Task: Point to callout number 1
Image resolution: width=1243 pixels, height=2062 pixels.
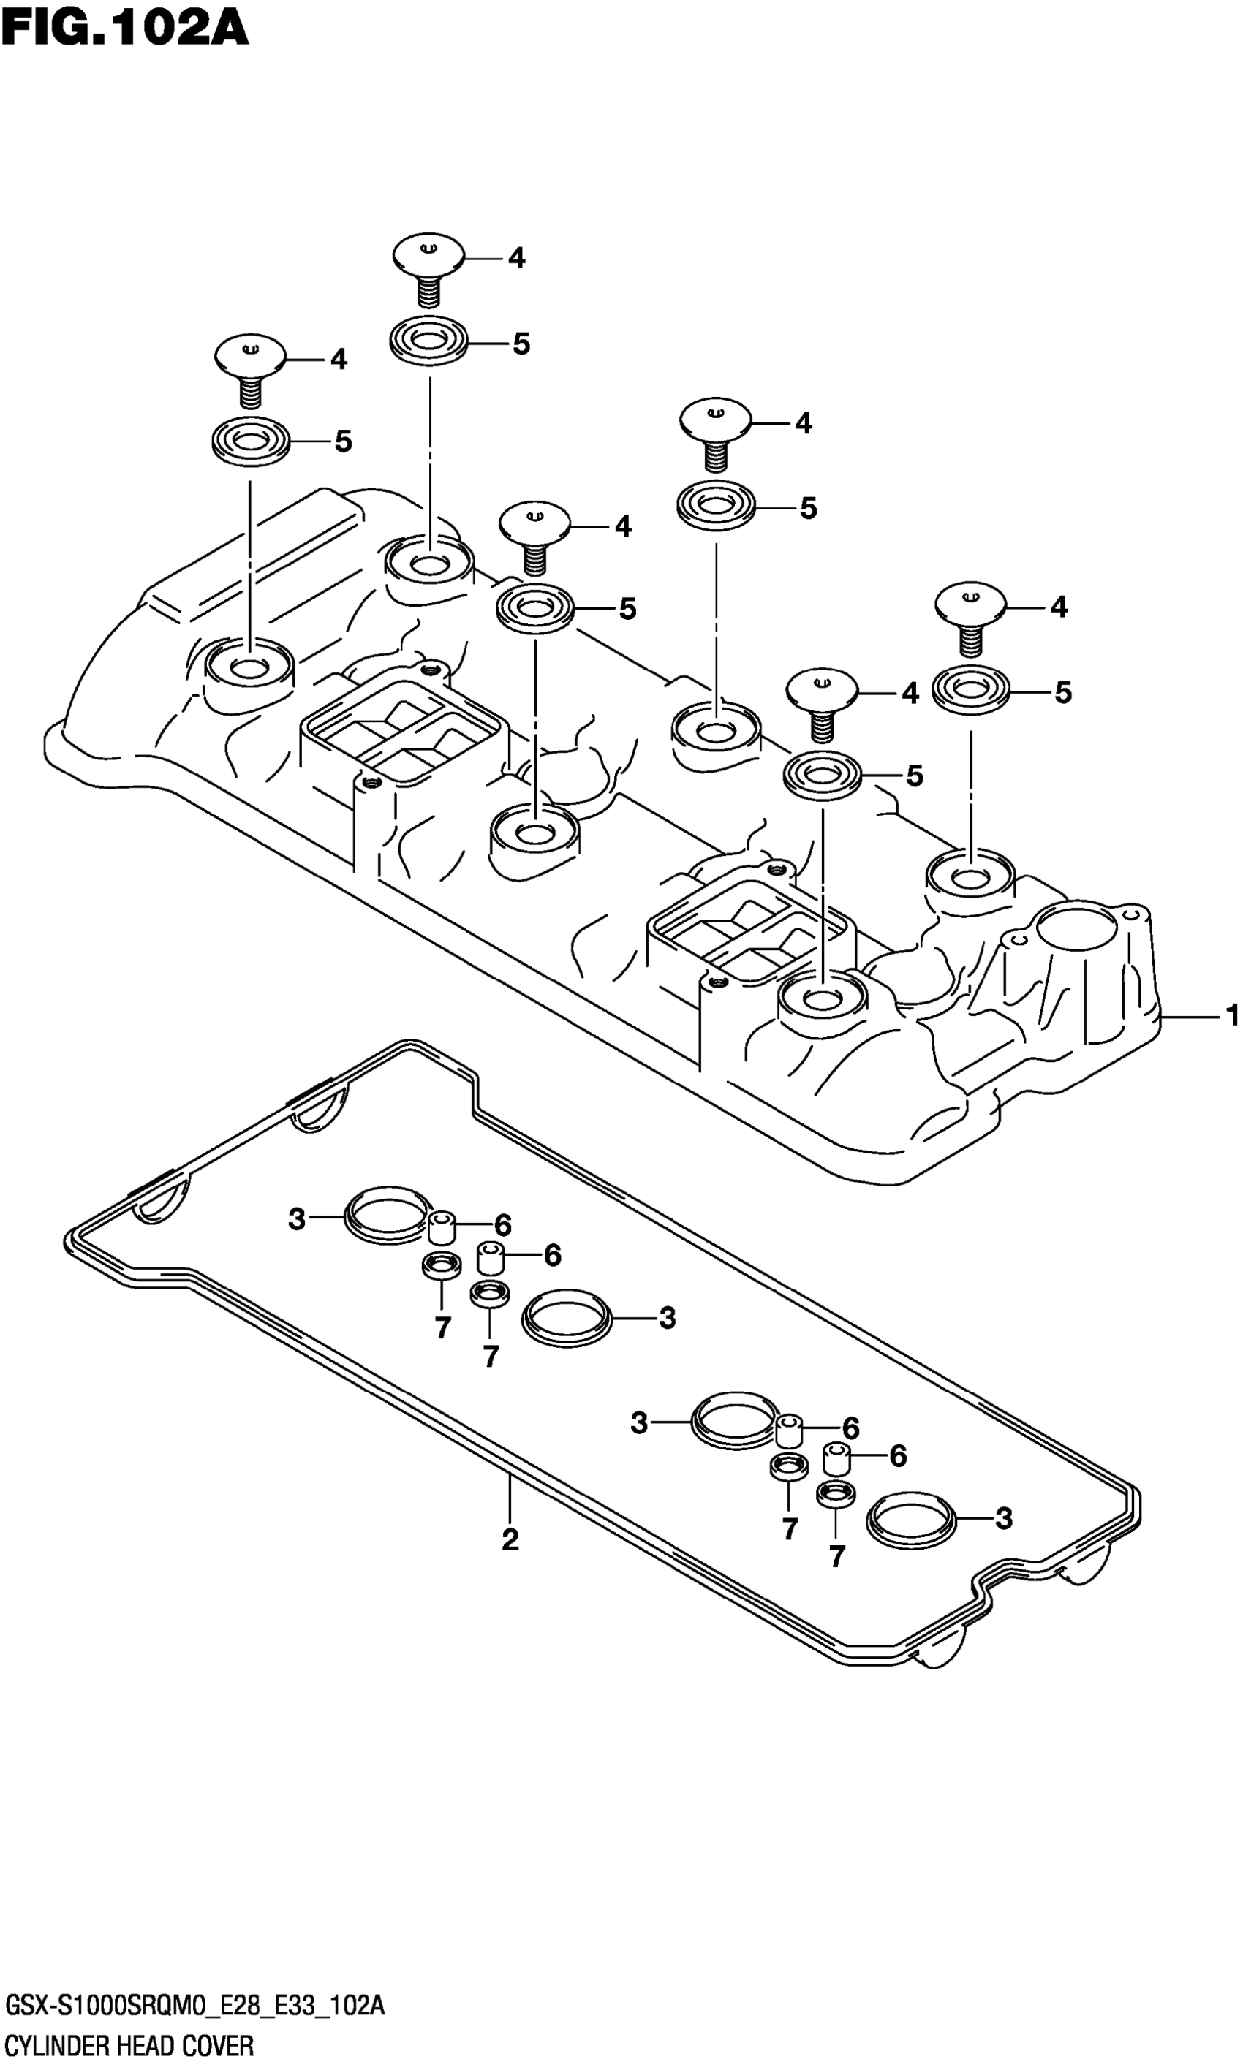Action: [1231, 1016]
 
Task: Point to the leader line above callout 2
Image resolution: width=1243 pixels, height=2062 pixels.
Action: [510, 1498]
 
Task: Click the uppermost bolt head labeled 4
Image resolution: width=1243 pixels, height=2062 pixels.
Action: [428, 254]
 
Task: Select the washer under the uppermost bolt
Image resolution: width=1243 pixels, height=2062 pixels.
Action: [428, 341]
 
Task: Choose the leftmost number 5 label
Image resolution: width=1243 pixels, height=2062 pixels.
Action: [343, 441]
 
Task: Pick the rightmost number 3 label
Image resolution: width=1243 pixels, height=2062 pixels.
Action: [1004, 1518]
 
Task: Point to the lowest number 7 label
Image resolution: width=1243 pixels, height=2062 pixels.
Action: [836, 1555]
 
